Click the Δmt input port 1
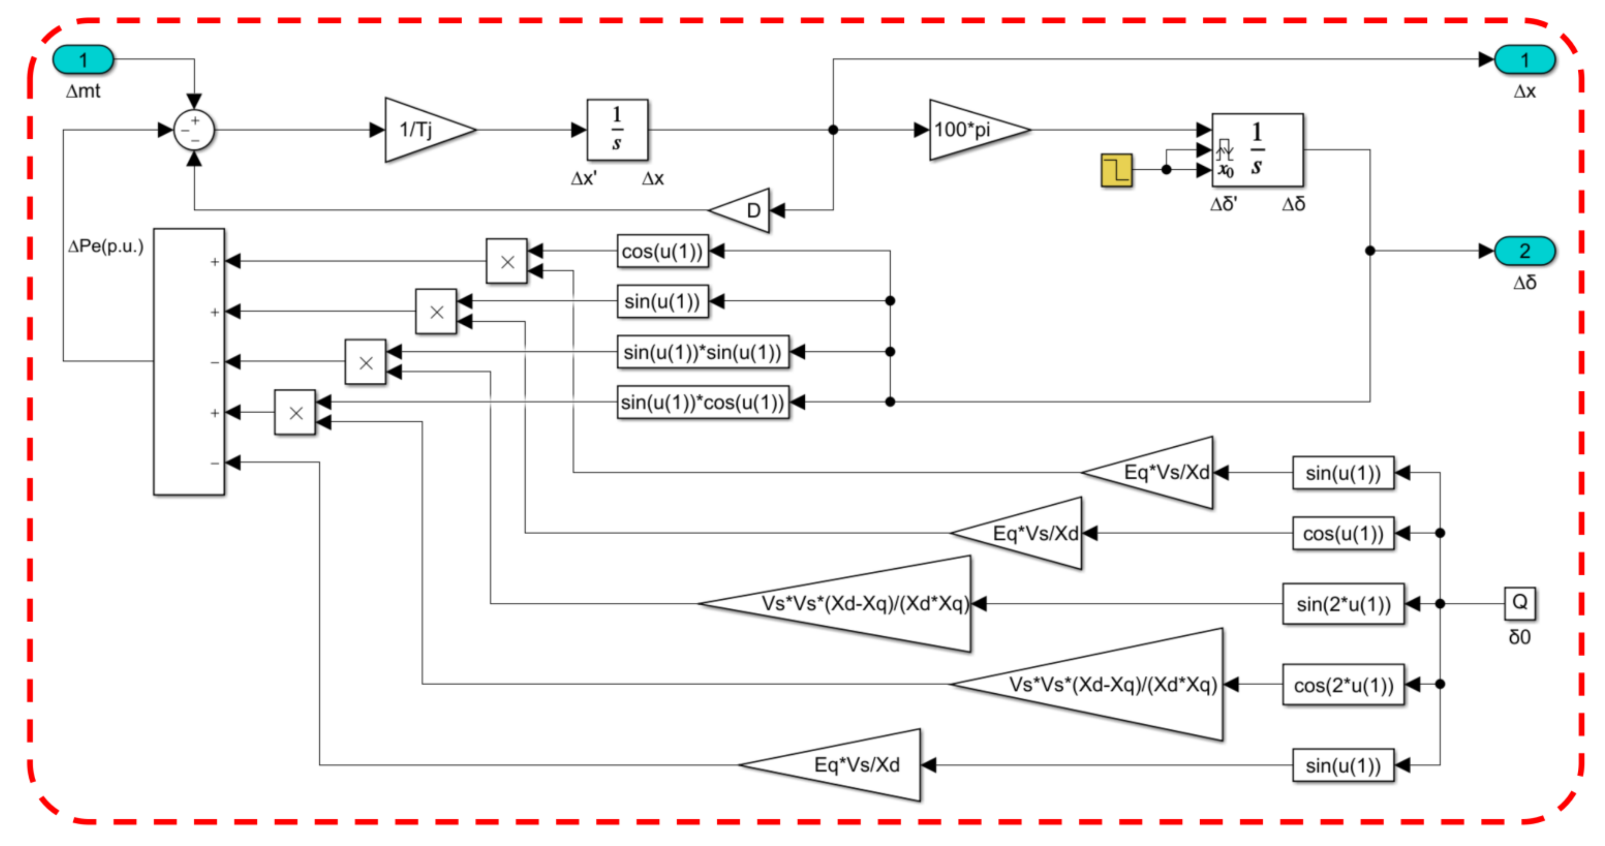click(x=83, y=60)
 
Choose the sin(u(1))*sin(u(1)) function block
click(x=703, y=352)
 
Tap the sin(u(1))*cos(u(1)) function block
click(x=703, y=402)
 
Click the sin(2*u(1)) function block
click(x=1344, y=604)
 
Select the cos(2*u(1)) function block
click(x=1344, y=685)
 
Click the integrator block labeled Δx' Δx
click(x=617, y=130)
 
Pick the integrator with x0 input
click(x=1257, y=150)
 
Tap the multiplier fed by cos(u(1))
click(x=507, y=261)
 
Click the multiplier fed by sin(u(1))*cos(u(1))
click(x=295, y=413)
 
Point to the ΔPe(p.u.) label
click(x=106, y=247)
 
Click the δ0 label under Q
click(x=1520, y=637)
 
